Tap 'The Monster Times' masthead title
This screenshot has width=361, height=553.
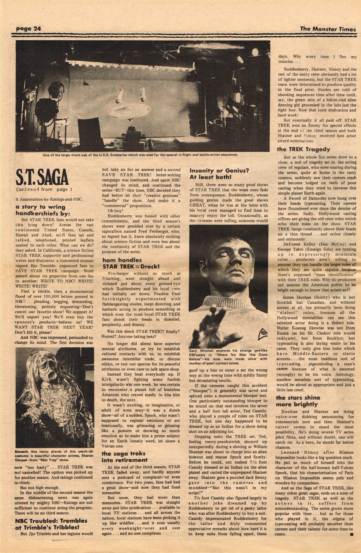click(x=328, y=29)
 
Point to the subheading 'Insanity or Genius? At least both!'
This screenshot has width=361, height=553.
click(x=219, y=174)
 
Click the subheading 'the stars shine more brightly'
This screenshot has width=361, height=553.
click(x=298, y=401)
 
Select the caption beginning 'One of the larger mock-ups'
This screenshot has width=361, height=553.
click(x=140, y=155)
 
